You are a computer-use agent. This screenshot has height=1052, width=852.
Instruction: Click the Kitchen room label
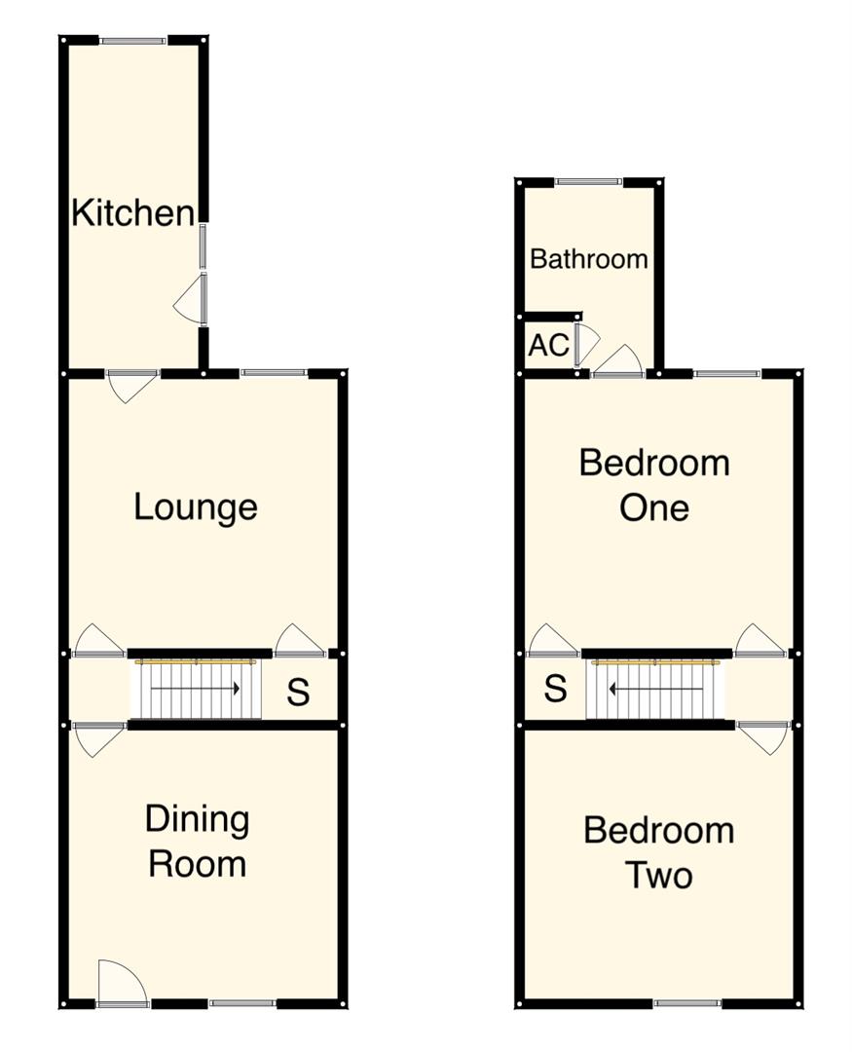[132, 212]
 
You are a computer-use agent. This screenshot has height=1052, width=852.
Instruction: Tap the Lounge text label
[196, 507]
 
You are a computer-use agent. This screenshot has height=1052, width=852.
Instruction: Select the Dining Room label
[197, 842]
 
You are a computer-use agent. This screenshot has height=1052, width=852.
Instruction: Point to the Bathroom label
[588, 259]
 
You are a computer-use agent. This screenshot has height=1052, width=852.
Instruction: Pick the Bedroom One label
[654, 484]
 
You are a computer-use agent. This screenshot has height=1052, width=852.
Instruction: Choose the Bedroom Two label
[658, 852]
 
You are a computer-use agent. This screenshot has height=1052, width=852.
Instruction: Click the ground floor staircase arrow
[196, 689]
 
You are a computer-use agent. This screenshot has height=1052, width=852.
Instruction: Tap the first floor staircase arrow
[655, 689]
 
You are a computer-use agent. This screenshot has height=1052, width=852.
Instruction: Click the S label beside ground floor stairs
[298, 692]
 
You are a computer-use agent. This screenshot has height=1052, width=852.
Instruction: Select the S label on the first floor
[555, 689]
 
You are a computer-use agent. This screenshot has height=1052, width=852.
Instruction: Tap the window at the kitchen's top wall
[132, 40]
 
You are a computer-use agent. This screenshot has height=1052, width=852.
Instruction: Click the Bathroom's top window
[588, 181]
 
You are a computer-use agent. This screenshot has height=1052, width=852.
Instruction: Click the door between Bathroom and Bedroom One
[618, 362]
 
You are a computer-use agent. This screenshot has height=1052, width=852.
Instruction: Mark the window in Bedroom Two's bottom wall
[687, 1002]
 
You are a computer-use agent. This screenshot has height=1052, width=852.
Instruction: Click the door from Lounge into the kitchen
[132, 385]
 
